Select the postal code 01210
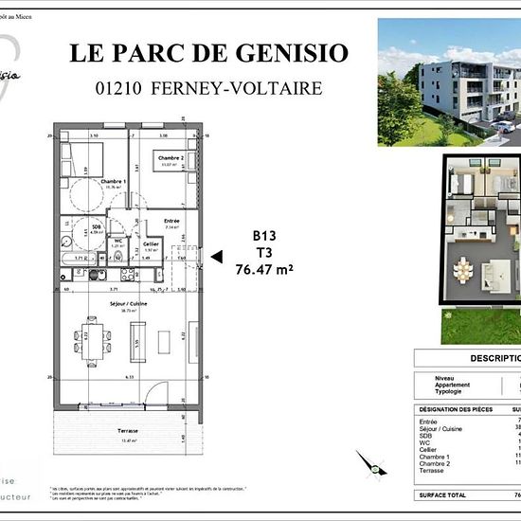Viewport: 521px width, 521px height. [119, 88]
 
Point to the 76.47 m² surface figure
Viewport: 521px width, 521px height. [263, 269]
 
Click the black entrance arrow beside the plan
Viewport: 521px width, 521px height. [215, 256]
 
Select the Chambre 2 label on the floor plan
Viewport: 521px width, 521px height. [170, 158]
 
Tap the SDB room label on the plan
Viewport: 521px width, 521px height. [96, 227]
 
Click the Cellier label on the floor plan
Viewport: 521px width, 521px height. [151, 243]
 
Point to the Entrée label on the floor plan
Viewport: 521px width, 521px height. [171, 222]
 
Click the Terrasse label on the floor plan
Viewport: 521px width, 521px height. [128, 428]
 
